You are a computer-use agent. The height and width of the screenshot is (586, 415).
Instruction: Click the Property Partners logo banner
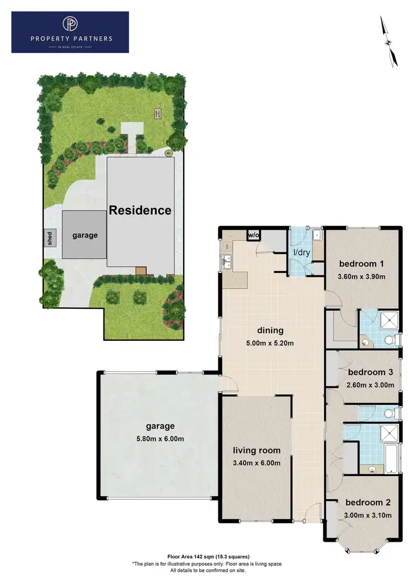point(70,33)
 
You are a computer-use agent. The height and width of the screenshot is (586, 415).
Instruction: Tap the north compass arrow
point(389,42)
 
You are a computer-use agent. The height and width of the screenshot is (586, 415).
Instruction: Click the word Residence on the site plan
point(140,210)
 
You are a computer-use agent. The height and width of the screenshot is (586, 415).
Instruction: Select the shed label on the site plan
point(50,239)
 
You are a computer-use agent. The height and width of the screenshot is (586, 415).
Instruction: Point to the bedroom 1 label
point(361,263)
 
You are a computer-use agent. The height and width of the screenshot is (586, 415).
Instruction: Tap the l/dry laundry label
point(301,252)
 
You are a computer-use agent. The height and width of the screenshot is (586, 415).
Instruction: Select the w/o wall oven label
point(253,235)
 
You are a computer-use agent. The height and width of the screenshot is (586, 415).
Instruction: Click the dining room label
point(270,331)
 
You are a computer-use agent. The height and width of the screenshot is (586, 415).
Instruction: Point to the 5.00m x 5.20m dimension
point(270,344)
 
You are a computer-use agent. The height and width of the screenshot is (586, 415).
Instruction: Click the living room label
point(256,450)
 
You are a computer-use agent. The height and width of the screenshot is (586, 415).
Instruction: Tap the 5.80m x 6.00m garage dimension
point(160,439)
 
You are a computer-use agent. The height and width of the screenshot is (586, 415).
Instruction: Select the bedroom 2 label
point(368,503)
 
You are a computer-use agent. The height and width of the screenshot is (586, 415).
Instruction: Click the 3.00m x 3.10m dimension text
point(368,515)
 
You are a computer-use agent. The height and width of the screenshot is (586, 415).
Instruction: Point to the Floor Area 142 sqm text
point(208,556)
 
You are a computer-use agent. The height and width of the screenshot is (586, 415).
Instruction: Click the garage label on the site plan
point(85,235)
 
